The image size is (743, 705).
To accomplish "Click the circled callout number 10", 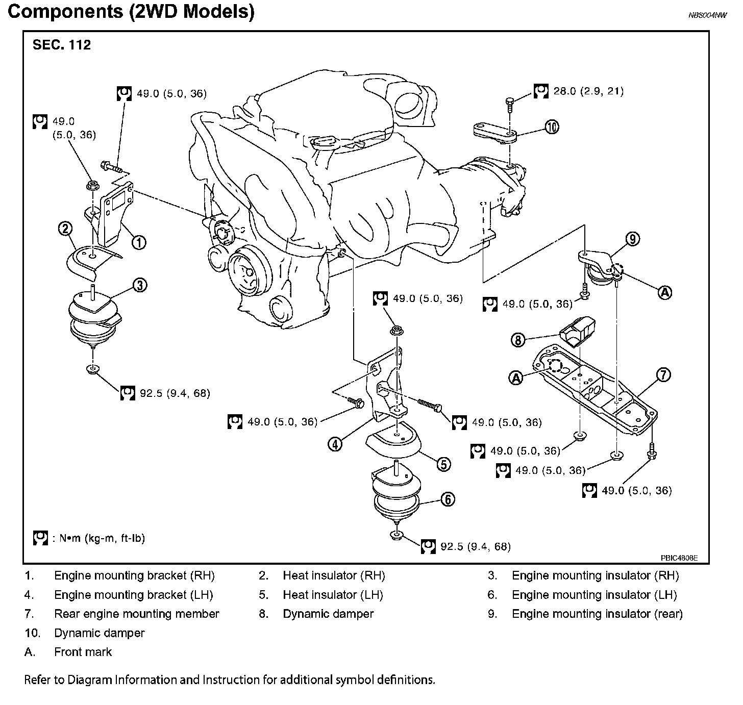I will pos(552,127).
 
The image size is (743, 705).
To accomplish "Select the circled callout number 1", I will pos(139,242).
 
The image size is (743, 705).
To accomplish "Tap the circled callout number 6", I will pos(447,499).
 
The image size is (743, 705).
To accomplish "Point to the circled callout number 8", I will pos(518,339).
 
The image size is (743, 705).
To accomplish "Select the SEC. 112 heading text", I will pos(62,45).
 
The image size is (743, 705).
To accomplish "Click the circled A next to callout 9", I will pos(664,292).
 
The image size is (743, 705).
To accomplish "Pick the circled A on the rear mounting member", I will pos(516,377).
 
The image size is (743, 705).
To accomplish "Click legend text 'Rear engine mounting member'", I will pos(136,614).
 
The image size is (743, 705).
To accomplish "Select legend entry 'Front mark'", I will pos(83,652).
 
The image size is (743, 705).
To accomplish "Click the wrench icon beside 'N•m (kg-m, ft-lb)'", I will pos(40,538).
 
